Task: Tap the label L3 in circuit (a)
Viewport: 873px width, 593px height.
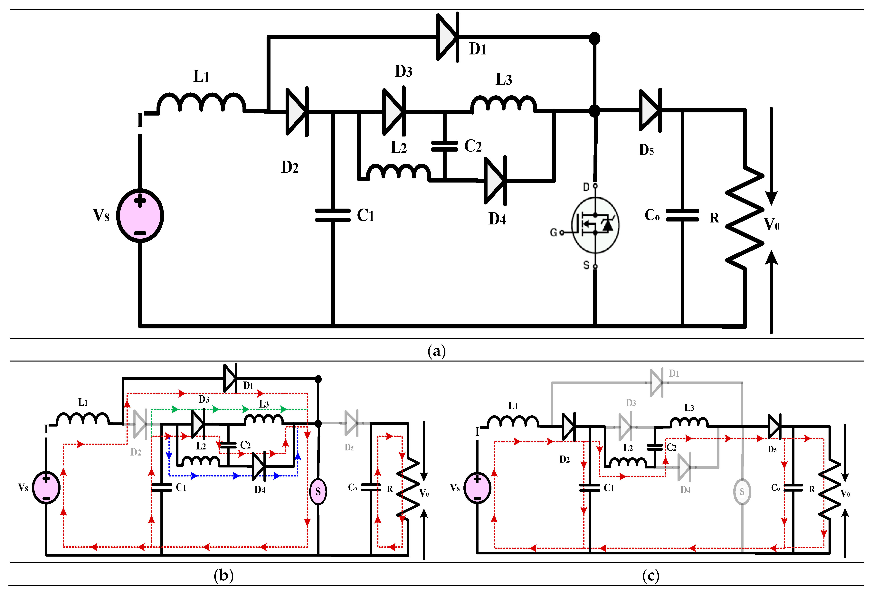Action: [x=503, y=79]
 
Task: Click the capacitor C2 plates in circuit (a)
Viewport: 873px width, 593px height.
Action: [x=444, y=146]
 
